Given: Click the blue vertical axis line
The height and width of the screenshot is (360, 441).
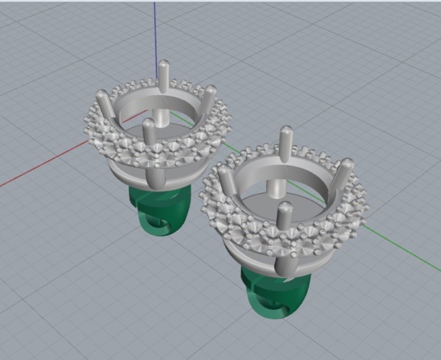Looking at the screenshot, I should pyautogui.click(x=155, y=30).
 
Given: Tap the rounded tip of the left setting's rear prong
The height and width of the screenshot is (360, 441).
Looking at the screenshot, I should pyautogui.click(x=164, y=65).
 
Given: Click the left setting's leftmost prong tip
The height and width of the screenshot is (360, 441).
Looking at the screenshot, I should pyautogui.click(x=102, y=94).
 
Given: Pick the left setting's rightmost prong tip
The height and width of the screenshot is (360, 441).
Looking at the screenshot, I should pyautogui.click(x=211, y=90).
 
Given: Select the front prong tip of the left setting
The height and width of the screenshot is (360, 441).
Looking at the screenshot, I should pyautogui.click(x=147, y=123).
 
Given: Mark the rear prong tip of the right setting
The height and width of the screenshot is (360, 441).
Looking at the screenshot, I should pyautogui.click(x=286, y=131).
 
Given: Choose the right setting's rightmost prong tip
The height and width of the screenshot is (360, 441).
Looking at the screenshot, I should pyautogui.click(x=347, y=164).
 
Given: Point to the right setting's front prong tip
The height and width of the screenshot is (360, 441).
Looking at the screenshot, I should pyautogui.click(x=285, y=207).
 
